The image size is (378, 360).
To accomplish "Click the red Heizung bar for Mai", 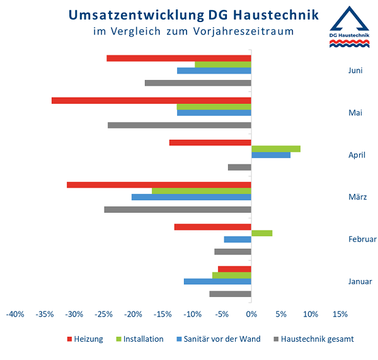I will [x=151, y=100].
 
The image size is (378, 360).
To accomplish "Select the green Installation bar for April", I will [x=275, y=149].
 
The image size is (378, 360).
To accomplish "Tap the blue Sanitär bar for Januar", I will [x=217, y=281].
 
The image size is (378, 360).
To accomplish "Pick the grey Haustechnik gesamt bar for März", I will [x=178, y=210].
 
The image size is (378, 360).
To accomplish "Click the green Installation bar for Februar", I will [x=261, y=233].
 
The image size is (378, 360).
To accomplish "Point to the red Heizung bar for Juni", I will [x=179, y=58].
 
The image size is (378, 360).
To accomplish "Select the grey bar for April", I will [x=239, y=167].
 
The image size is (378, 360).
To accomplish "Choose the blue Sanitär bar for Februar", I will [x=238, y=239].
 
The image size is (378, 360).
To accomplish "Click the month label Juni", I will [x=355, y=70].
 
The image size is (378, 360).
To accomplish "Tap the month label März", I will [x=357, y=197].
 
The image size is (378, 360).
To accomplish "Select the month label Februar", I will [x=362, y=239].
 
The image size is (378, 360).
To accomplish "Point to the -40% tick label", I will [x=15, y=314].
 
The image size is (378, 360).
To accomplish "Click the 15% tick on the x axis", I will [x=340, y=314].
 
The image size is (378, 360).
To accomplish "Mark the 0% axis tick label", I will [x=251, y=314].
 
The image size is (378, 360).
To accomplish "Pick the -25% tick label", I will [x=103, y=314].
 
